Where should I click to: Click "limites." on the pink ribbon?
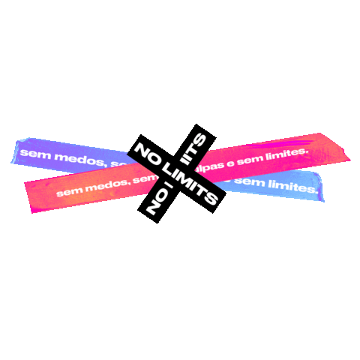pyautogui.click(x=286, y=153)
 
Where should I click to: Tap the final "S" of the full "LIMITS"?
pyautogui.click(x=210, y=197)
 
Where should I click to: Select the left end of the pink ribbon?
pyautogui.click(x=30, y=191)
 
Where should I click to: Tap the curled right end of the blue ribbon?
pyautogui.click(x=319, y=186)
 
